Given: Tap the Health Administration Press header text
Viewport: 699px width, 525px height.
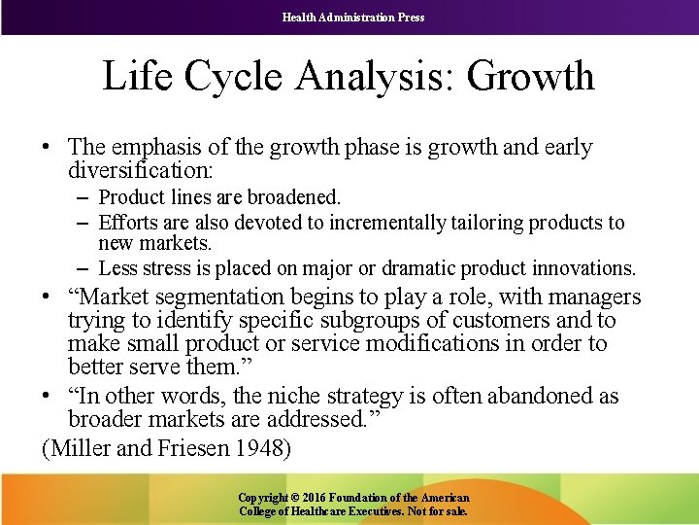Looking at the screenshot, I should pos(353,17).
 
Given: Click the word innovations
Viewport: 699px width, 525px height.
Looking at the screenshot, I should pos(587,267).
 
